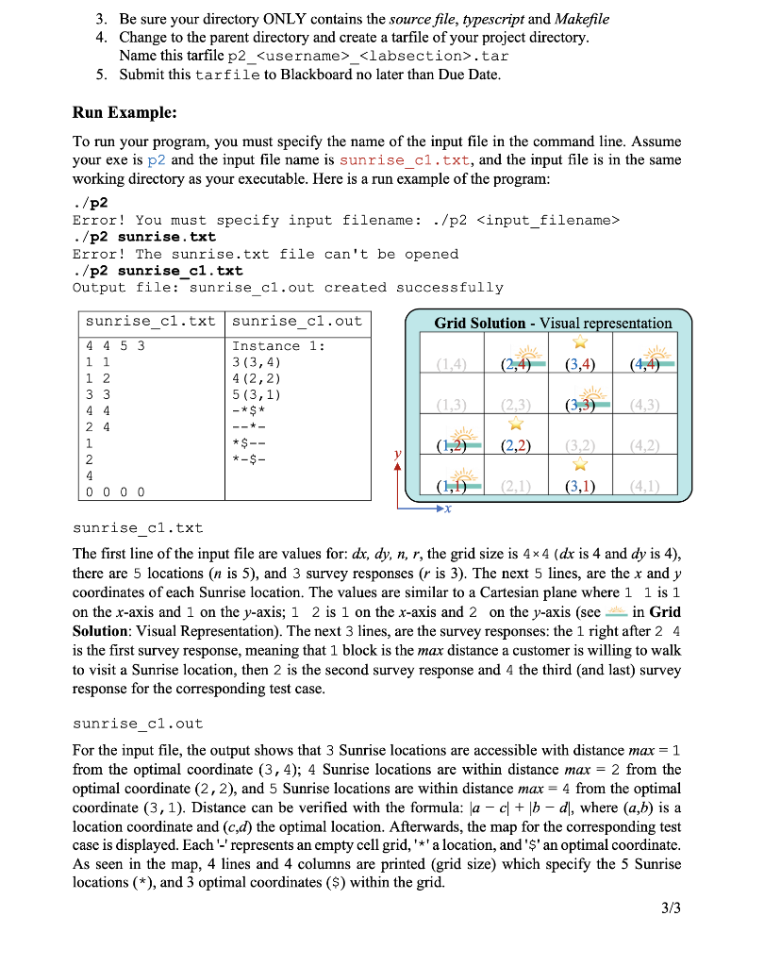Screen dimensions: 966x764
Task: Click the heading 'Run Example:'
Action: tap(125, 112)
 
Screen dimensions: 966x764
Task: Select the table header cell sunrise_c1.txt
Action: tap(148, 321)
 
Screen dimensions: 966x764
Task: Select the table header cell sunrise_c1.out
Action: tap(296, 321)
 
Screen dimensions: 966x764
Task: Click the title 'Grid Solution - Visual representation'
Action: tap(553, 323)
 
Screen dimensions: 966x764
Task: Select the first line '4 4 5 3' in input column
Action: tap(115, 346)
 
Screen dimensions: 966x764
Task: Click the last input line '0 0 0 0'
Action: tap(115, 491)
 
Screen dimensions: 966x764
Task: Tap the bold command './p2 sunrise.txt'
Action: tap(144, 237)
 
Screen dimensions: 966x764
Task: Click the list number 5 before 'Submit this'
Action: tap(101, 74)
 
